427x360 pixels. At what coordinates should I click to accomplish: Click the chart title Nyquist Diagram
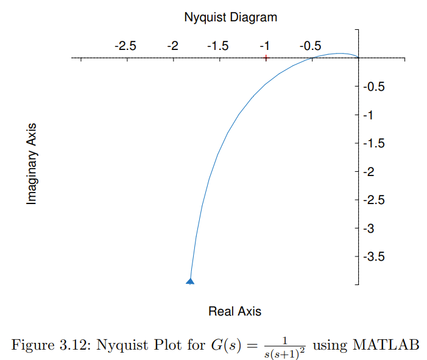click(230, 17)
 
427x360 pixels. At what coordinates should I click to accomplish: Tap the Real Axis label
click(235, 311)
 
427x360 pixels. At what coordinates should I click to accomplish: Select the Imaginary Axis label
click(32, 164)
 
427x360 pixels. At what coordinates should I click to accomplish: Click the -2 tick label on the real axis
click(172, 46)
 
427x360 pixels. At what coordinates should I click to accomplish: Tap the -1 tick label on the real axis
click(264, 46)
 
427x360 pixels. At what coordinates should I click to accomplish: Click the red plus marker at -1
click(266, 58)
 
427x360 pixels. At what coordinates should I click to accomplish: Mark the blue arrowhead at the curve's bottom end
click(190, 281)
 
